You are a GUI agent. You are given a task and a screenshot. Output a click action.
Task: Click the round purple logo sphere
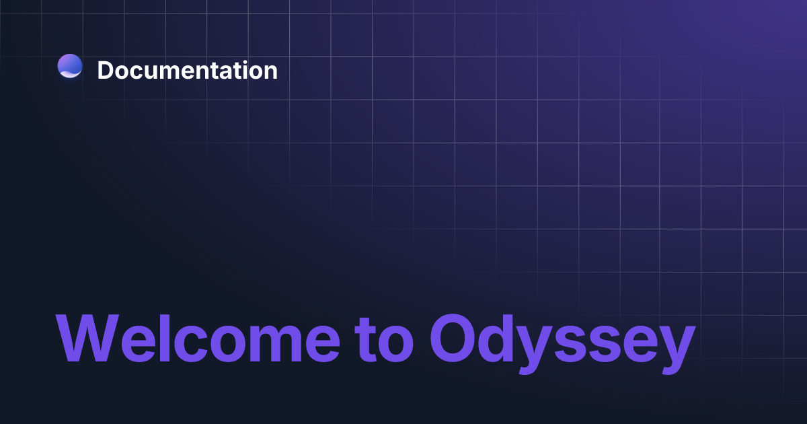tap(70, 65)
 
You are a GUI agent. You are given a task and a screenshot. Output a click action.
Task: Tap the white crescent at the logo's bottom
tap(70, 74)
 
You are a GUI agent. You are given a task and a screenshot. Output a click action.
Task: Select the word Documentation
tap(187, 70)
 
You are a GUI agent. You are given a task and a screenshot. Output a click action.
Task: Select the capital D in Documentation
tap(106, 70)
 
